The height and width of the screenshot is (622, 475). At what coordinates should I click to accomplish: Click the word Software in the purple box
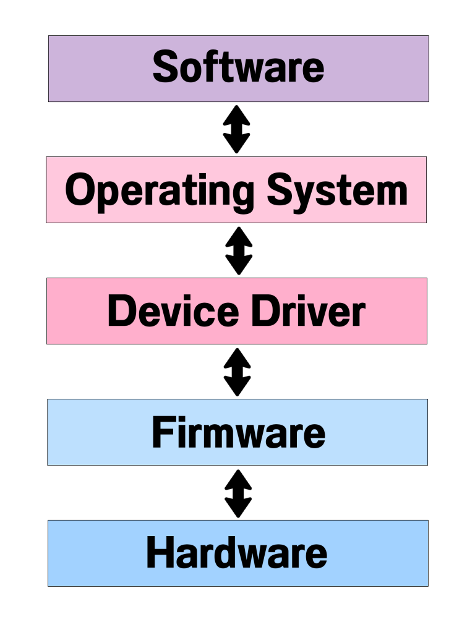[x=238, y=67]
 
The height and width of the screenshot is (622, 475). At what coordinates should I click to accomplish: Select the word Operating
[x=160, y=190]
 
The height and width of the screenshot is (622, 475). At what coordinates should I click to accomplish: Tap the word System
[x=338, y=190]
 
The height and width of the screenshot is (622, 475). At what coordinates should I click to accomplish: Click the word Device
[x=173, y=311]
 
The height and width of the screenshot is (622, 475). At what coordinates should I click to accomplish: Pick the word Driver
[x=308, y=311]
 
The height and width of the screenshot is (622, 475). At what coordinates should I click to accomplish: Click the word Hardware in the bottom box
[x=237, y=553]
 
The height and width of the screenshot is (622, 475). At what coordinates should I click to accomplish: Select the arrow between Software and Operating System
[x=237, y=129]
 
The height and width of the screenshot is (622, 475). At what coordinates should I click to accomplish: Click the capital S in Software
[x=166, y=67]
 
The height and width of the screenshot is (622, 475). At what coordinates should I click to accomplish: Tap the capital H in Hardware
[x=161, y=553]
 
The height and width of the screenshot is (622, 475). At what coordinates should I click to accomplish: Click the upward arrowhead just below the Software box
[x=237, y=114]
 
